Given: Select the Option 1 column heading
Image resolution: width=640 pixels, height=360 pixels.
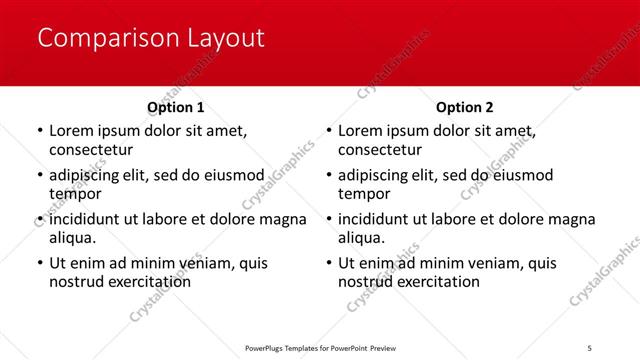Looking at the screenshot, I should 176,107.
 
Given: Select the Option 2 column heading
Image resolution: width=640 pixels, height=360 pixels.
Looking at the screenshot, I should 465,107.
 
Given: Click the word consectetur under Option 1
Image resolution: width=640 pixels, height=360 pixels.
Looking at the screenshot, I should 91,150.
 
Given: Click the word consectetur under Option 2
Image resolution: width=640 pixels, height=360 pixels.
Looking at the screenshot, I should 381,150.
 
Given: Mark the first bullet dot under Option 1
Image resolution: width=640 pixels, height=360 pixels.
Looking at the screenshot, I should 39,131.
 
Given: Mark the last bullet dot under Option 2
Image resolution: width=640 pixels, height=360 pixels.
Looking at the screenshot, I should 329,264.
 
